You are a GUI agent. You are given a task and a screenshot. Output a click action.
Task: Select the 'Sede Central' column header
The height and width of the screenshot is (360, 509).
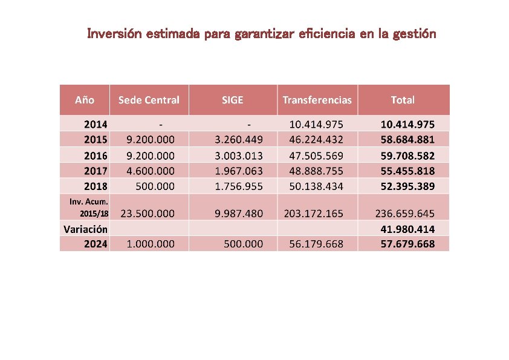(x=149, y=100)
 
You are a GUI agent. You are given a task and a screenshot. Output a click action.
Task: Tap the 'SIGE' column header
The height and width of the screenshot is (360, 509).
(x=233, y=100)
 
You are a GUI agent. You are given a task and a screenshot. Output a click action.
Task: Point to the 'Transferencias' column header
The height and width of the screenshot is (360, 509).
(x=317, y=100)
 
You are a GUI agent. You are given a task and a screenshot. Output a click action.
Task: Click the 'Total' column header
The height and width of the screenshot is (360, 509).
(x=403, y=100)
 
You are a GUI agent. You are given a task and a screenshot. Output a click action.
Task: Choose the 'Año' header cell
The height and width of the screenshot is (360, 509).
(x=85, y=100)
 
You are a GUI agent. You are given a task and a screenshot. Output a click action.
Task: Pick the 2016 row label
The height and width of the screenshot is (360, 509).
(x=96, y=155)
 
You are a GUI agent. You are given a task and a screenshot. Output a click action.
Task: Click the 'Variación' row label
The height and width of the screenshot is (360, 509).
(x=86, y=229)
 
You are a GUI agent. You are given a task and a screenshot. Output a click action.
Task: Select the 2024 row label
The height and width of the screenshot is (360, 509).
(x=96, y=244)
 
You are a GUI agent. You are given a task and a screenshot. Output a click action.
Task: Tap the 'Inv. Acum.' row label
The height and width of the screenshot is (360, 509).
(x=88, y=202)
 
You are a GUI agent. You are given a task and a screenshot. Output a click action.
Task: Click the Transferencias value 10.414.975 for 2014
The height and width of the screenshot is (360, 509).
(x=316, y=125)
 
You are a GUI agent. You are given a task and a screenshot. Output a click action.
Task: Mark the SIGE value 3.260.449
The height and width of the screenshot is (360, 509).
(x=239, y=140)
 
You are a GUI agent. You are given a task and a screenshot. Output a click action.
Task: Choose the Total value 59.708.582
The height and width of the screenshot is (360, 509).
(x=407, y=155)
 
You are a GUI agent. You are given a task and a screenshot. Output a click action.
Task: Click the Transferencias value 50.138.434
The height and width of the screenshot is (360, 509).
(x=316, y=186)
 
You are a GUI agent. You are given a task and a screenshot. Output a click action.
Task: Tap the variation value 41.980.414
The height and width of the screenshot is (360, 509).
(x=407, y=229)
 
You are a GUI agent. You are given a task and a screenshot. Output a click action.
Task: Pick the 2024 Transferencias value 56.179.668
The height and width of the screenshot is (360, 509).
(x=316, y=244)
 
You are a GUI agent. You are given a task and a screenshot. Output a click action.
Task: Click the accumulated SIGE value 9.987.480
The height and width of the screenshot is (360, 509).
(x=239, y=214)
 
